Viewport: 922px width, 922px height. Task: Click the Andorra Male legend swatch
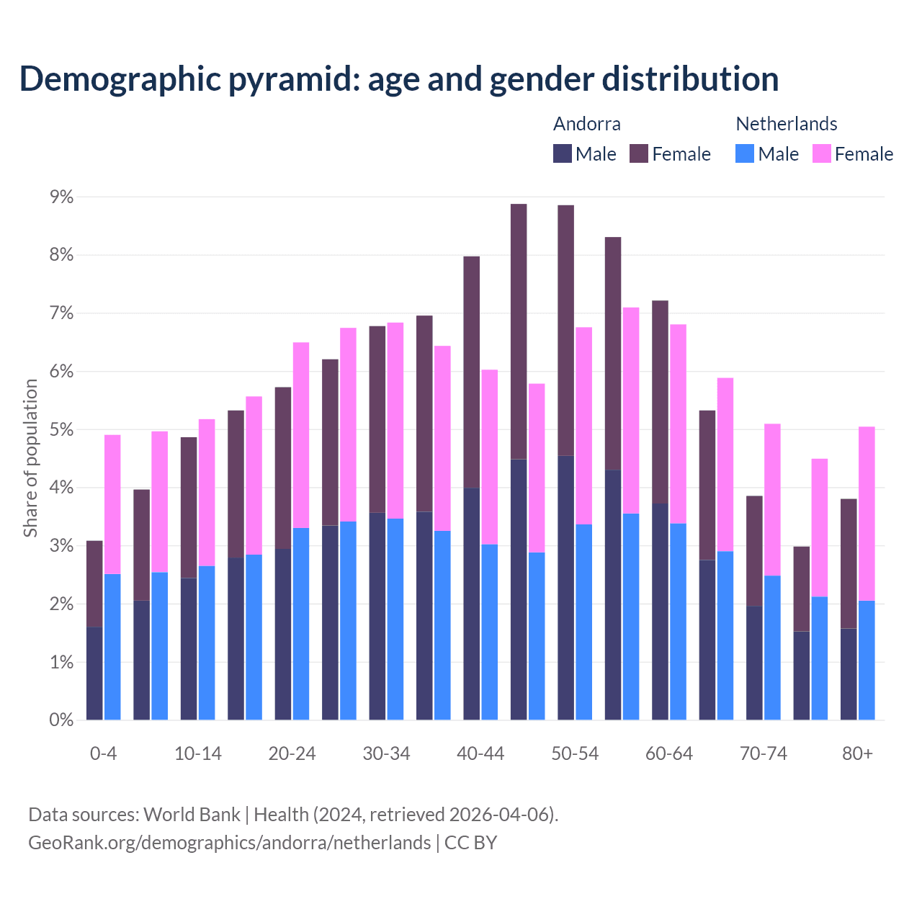563,153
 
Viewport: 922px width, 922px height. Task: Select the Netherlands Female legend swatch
822,153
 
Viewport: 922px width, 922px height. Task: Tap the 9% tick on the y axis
61,197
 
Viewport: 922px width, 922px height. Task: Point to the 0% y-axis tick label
61,720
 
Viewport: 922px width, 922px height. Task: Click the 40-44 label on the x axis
480,753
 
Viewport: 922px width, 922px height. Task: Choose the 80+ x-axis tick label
857,753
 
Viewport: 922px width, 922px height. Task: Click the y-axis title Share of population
31,458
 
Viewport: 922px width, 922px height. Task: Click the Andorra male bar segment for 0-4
94,673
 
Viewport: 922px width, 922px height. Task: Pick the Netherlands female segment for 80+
867,514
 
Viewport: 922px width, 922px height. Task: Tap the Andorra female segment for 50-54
566,330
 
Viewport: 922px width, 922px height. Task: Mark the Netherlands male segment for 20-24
301,624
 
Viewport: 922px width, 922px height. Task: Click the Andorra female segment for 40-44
472,372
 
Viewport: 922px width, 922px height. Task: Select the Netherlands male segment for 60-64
679,621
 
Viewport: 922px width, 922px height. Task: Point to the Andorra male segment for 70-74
754,663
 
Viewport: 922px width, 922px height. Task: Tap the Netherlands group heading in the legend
786,124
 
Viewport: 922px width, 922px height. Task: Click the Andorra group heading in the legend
586,124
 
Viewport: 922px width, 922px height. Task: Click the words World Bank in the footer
192,815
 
